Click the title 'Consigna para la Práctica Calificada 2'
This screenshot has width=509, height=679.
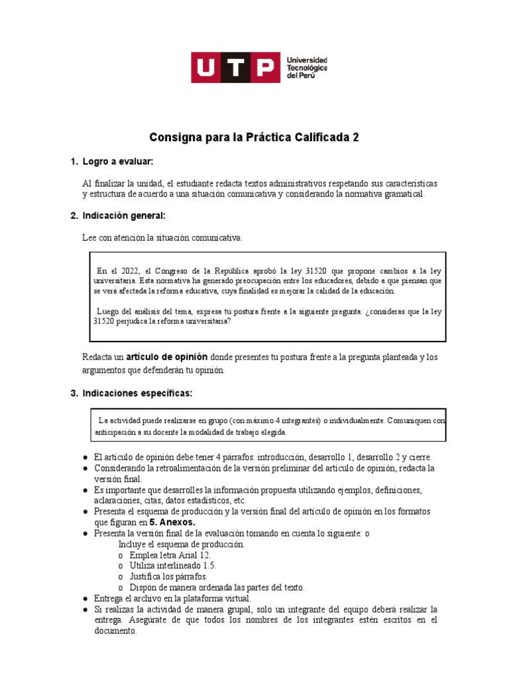[x=254, y=138]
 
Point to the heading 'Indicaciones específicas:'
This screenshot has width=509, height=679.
[x=137, y=393]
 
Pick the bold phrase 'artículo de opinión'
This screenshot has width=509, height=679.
[x=167, y=357]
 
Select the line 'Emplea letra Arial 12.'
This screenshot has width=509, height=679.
[x=171, y=555]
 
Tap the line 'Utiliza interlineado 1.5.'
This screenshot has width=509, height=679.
[x=173, y=566]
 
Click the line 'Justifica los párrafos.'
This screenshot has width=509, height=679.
[x=168, y=577]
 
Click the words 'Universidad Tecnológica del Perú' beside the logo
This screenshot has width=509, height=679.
[x=306, y=68]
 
